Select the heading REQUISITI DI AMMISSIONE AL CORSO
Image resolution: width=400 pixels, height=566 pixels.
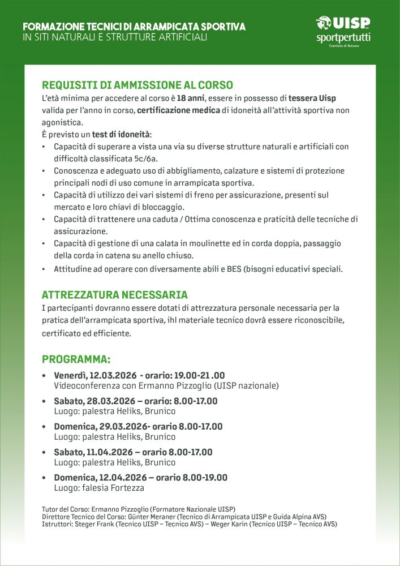pos(137,85)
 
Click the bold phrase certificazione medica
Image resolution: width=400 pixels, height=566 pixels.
pos(178,110)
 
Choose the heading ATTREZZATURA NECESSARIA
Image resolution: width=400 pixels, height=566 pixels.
pos(115,295)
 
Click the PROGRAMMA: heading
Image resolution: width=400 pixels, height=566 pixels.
pos(76,359)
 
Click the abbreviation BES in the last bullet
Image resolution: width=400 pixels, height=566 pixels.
pos(234,269)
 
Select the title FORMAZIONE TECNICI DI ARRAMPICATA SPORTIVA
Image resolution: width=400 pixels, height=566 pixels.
pos(134,27)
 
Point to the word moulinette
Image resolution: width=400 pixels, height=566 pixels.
pos(201,243)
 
